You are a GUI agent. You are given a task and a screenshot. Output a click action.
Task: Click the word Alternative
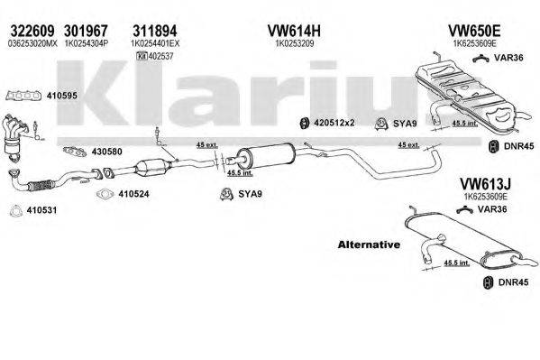point(368,245)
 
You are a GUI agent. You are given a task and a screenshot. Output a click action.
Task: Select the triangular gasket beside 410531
point(13,212)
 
